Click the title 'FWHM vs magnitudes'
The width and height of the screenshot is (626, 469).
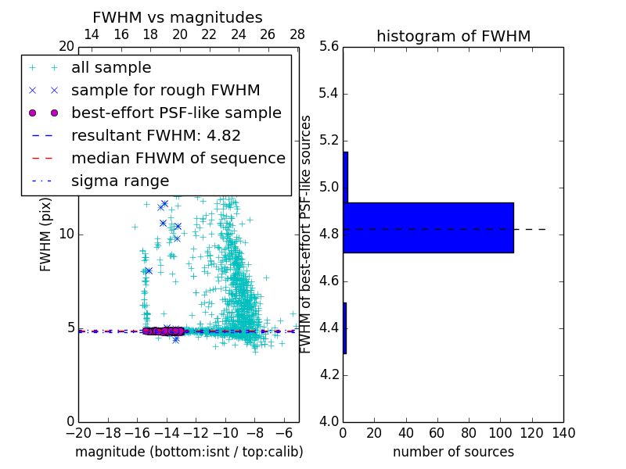click(178, 17)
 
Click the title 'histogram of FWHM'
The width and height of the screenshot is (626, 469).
click(453, 36)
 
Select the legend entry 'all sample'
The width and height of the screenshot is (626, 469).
click(111, 68)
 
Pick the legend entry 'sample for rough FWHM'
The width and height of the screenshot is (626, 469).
click(165, 91)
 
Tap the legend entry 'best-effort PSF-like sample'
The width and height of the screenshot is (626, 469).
click(176, 113)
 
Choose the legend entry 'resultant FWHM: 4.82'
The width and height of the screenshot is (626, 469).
click(156, 136)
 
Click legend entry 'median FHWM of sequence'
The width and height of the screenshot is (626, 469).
click(178, 159)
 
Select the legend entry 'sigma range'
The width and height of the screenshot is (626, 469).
click(120, 181)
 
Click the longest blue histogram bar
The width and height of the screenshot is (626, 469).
click(428, 227)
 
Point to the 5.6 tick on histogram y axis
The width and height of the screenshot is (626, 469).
click(329, 47)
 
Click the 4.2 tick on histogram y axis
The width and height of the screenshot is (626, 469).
click(329, 374)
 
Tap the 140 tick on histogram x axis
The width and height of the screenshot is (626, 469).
click(563, 433)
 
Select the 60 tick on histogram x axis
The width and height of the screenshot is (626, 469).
click(437, 433)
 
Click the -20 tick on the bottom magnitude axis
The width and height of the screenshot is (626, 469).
click(78, 433)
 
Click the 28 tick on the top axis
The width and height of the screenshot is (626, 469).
click(297, 35)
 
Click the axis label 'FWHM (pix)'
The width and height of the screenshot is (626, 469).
click(46, 234)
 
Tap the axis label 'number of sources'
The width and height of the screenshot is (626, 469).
click(453, 452)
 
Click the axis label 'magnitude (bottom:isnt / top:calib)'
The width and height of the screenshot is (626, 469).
click(189, 452)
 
